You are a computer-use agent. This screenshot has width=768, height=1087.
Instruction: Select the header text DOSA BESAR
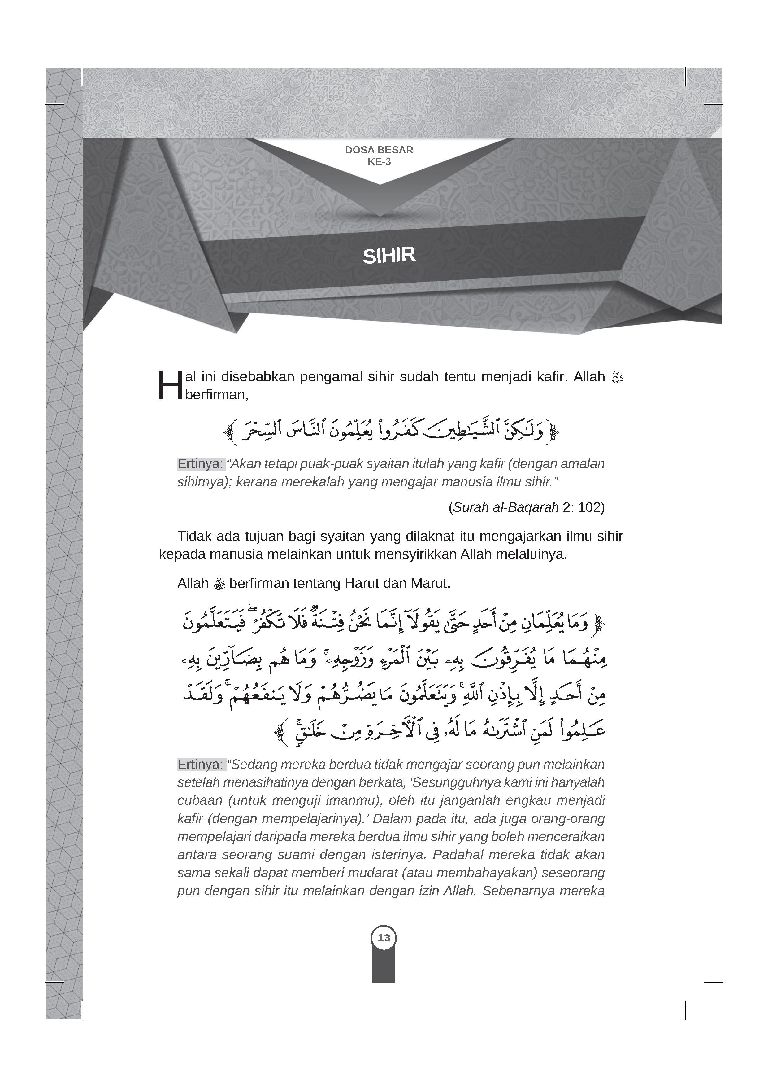[379, 150]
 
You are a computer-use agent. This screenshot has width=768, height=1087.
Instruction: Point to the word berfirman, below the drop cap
[217, 395]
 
